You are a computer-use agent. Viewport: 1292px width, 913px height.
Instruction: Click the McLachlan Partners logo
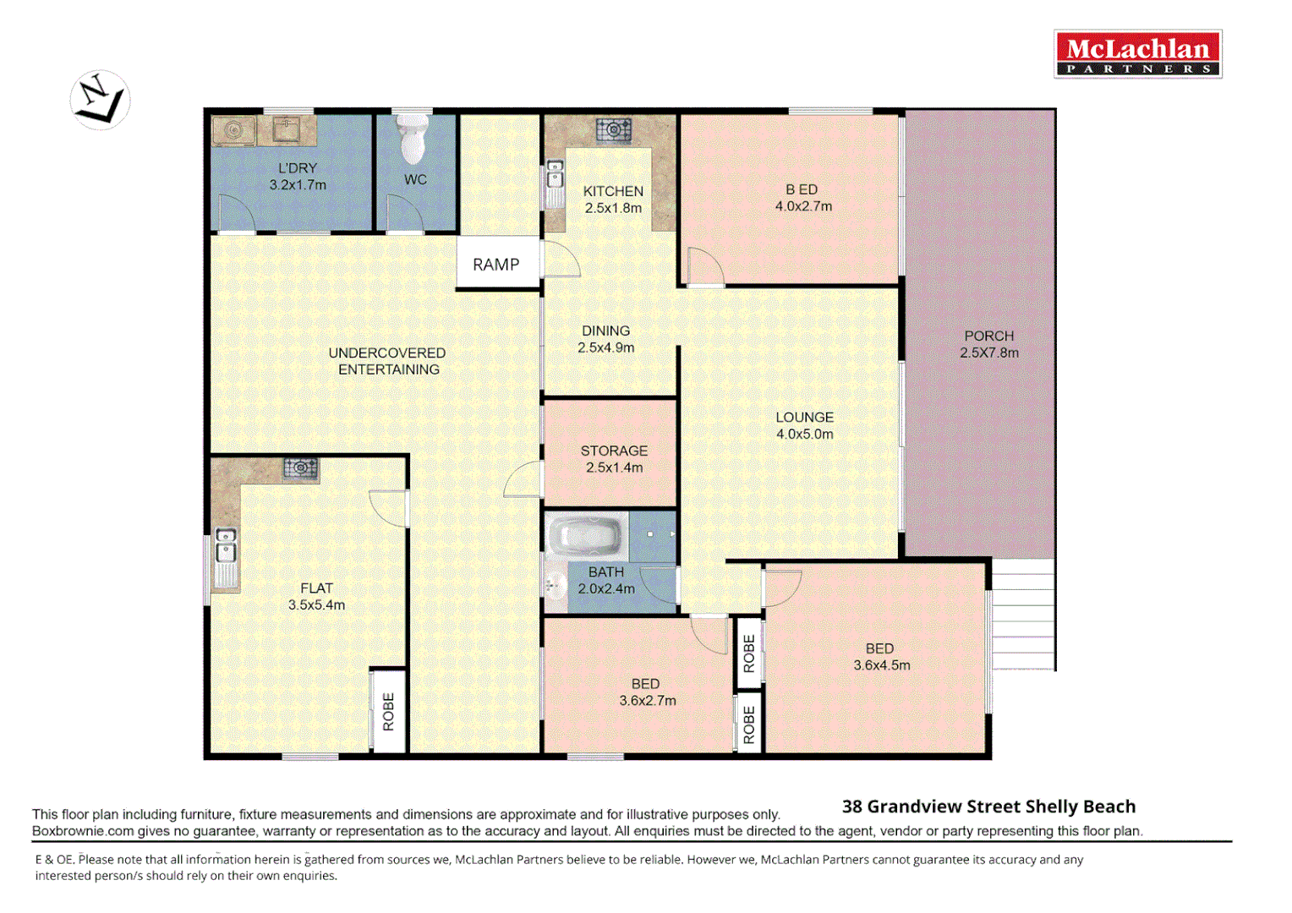1137,54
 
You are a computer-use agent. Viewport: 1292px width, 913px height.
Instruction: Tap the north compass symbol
100,100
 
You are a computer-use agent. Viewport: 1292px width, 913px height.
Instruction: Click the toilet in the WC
413,139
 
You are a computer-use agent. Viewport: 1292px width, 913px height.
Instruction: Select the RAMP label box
496,265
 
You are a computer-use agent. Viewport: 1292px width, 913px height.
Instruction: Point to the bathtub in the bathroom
586,536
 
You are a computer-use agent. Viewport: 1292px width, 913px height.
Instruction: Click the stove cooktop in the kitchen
613,130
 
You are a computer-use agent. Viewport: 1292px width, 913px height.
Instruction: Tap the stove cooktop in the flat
300,467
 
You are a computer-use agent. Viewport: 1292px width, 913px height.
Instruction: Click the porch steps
1022,615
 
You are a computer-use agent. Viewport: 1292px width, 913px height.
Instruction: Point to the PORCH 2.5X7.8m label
988,345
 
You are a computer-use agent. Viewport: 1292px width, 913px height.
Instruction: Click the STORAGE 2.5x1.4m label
614,459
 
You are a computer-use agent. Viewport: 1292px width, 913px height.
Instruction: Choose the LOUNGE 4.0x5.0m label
804,426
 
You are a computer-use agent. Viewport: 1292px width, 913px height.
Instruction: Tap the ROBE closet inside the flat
388,711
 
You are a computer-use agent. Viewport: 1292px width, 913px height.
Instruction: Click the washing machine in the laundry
234,131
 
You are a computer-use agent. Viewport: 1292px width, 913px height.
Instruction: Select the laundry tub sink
287,130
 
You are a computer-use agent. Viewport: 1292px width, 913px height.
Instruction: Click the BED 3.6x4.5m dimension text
881,665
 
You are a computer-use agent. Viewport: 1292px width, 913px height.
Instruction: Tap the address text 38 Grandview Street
988,806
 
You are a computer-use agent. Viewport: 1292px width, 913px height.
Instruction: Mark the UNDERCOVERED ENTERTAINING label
387,361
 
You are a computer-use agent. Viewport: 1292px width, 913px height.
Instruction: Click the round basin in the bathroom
554,583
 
